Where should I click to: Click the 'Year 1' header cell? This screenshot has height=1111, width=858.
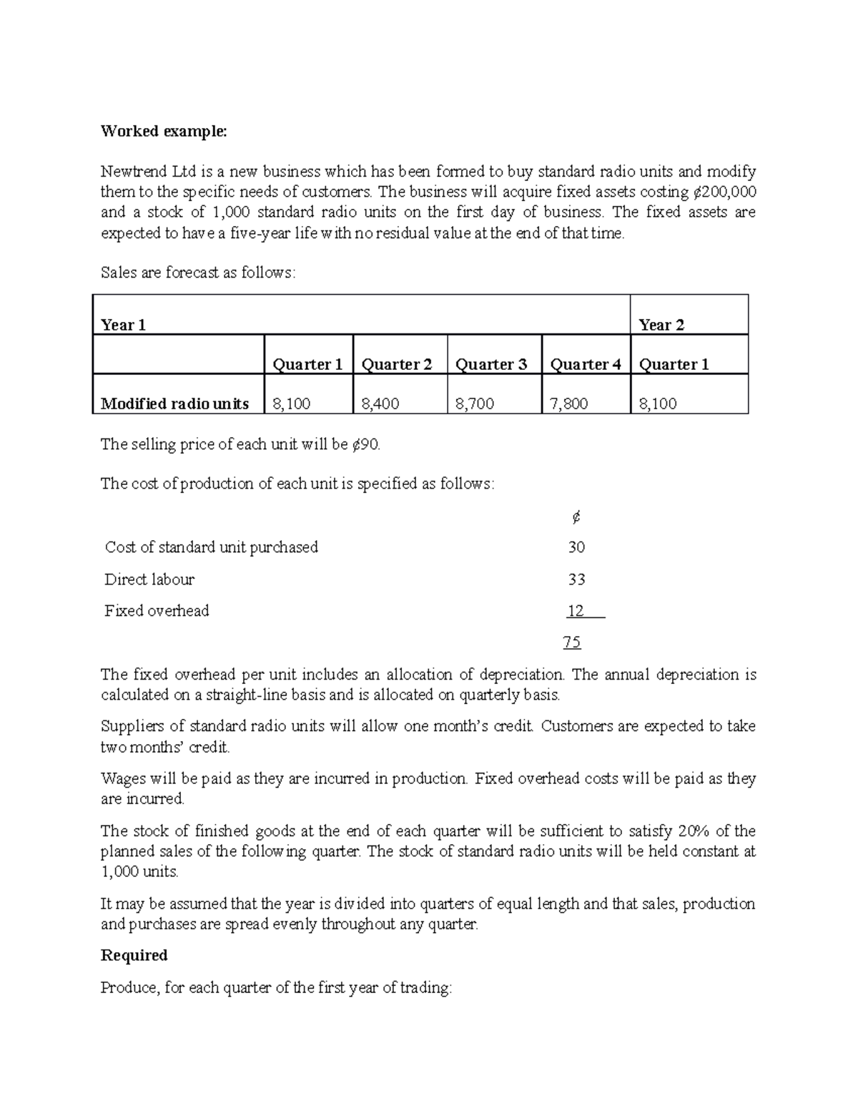(x=124, y=326)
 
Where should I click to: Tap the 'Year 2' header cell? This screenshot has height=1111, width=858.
(x=661, y=326)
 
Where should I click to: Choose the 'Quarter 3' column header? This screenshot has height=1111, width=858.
(x=491, y=365)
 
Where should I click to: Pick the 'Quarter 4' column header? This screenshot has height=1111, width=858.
(x=585, y=365)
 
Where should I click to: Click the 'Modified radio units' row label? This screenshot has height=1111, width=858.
(x=174, y=404)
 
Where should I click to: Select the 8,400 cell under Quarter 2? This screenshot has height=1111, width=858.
(x=380, y=404)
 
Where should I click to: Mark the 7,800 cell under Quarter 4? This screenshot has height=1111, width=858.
(x=568, y=404)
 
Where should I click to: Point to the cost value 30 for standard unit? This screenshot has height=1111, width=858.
(x=576, y=548)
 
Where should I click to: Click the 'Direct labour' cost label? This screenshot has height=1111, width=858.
(x=149, y=579)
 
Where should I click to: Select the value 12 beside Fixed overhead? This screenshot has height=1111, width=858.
(x=576, y=611)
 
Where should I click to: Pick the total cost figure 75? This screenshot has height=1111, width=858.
(x=572, y=642)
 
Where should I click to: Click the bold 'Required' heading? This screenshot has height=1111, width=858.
(x=134, y=956)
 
